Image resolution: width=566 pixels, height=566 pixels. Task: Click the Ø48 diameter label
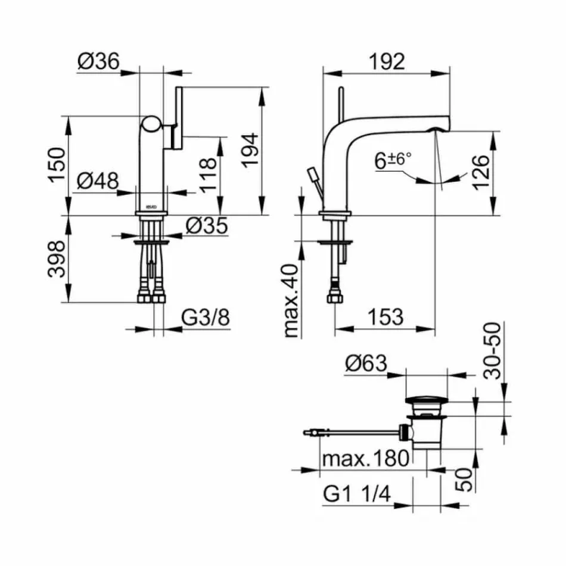(x=99, y=179)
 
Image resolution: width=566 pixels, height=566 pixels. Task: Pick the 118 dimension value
(x=208, y=175)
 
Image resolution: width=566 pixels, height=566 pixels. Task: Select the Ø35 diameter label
(x=207, y=225)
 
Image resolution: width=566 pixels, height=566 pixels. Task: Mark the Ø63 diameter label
(x=366, y=363)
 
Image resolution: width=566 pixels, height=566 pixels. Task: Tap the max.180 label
(x=365, y=459)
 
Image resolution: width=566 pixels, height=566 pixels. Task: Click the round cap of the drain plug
(x=425, y=400)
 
